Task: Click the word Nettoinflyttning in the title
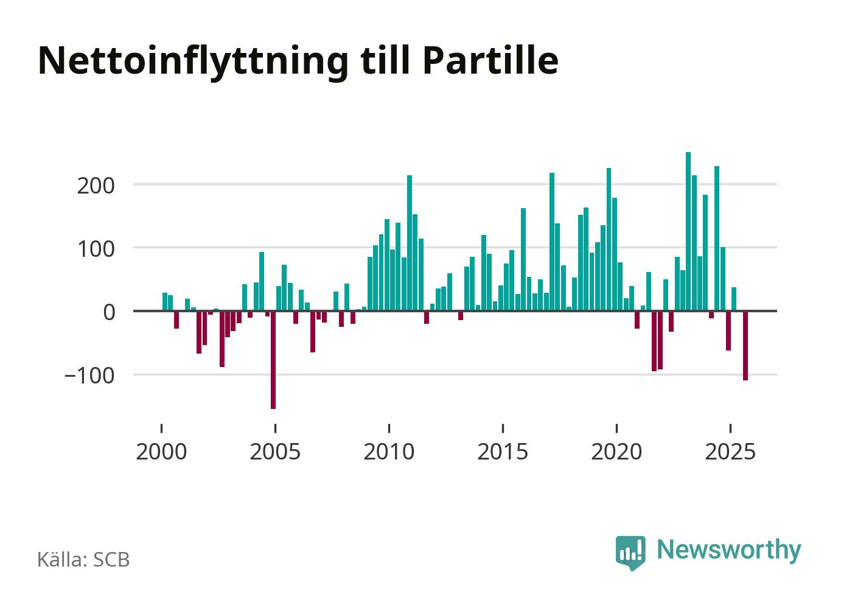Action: click(x=194, y=61)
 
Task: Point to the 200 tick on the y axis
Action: click(x=96, y=185)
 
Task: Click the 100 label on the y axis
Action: click(x=96, y=249)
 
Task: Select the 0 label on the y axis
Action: click(x=109, y=312)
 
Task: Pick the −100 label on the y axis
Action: click(x=89, y=376)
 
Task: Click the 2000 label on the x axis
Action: click(x=161, y=452)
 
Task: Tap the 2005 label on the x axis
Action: click(x=275, y=452)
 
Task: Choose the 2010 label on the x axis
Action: click(x=389, y=452)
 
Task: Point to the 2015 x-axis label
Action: click(x=503, y=452)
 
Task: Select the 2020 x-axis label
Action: click(x=616, y=452)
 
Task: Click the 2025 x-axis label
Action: click(x=730, y=452)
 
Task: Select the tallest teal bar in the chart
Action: click(x=688, y=231)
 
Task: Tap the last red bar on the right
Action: click(x=745, y=345)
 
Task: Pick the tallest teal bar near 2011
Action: click(x=410, y=243)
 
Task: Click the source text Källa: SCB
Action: click(x=83, y=559)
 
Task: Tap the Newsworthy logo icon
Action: click(x=630, y=553)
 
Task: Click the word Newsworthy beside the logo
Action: click(x=729, y=550)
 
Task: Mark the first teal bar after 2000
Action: click(x=165, y=302)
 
